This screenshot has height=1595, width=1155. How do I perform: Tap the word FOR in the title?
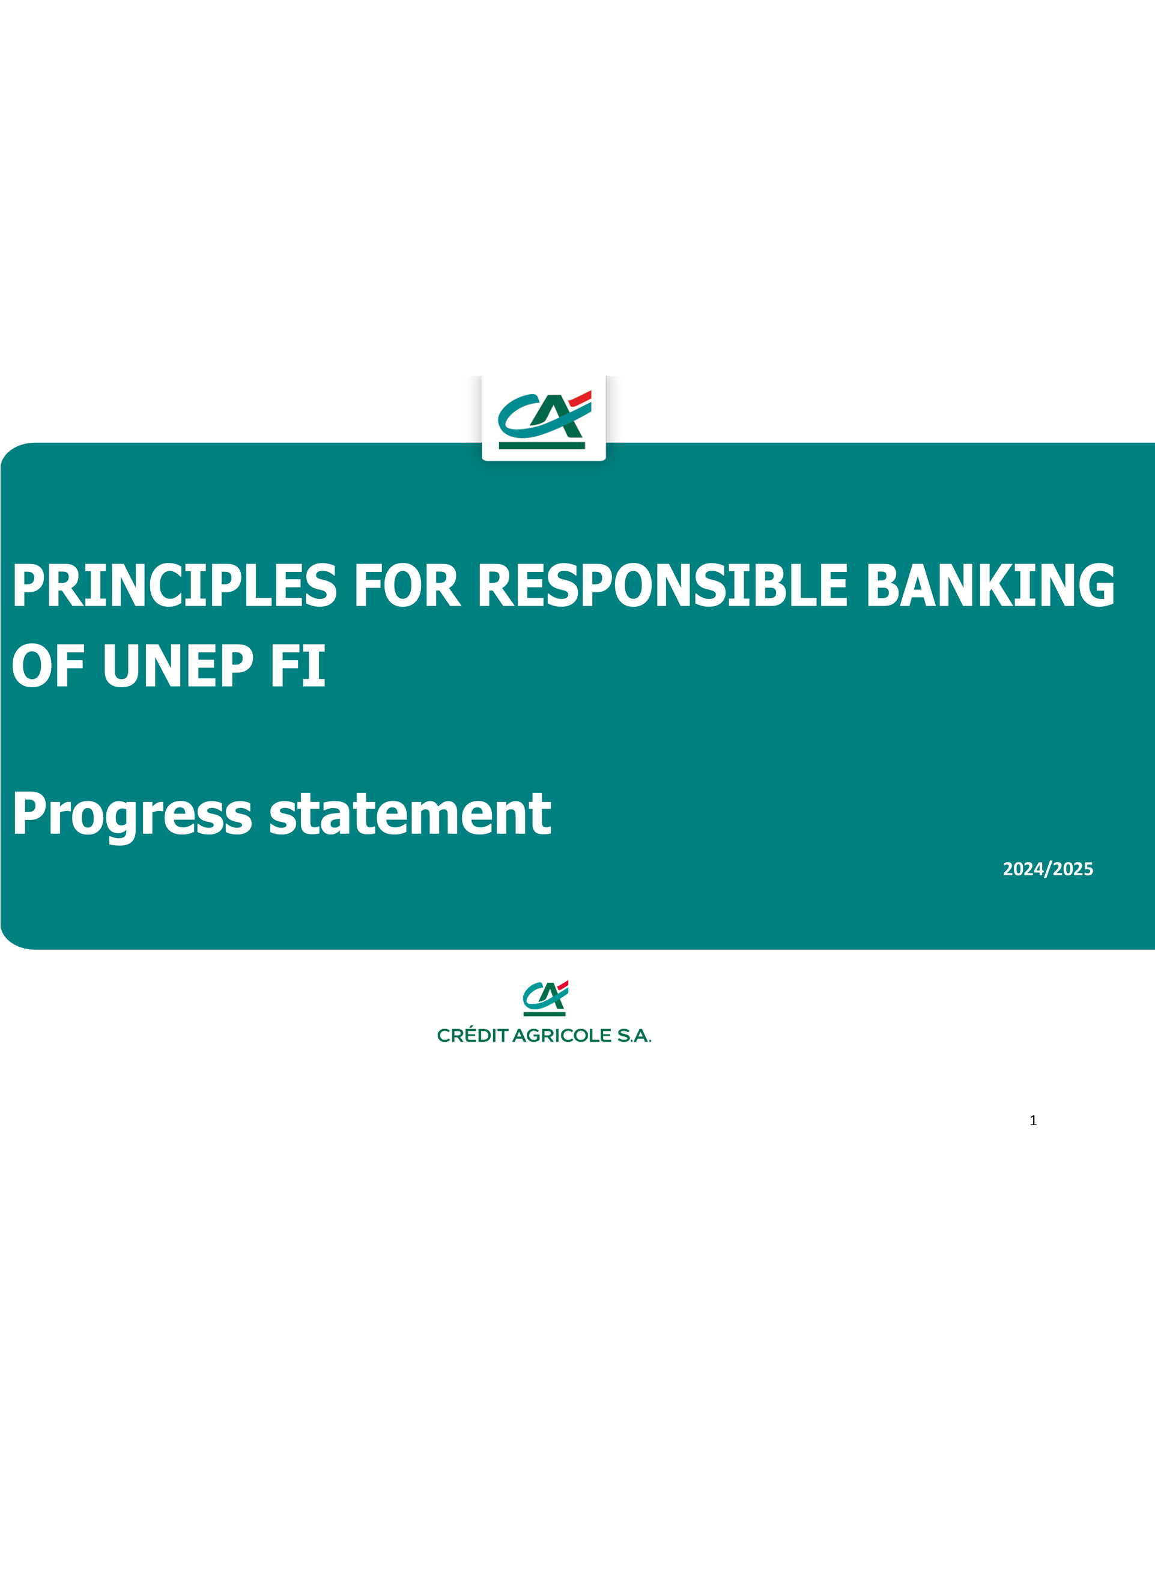click(x=407, y=585)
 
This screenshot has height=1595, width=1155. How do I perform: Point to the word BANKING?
click(x=990, y=585)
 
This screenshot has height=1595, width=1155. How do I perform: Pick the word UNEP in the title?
click(x=178, y=665)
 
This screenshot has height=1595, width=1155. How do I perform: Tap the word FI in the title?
click(x=298, y=665)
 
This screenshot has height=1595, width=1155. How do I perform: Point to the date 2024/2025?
click(x=1047, y=869)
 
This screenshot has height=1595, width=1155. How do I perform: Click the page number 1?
click(x=1032, y=1120)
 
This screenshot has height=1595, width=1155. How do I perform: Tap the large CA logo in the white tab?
click(x=544, y=420)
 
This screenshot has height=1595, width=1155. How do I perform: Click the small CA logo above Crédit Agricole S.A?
click(x=545, y=998)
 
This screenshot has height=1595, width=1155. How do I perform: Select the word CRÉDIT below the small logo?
click(x=473, y=1035)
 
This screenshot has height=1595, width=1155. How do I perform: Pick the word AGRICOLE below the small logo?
click(x=562, y=1036)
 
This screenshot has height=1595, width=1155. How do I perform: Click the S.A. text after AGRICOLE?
click(x=634, y=1036)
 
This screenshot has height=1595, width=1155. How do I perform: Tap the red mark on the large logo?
click(x=580, y=398)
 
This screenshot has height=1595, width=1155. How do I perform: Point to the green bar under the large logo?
click(x=541, y=445)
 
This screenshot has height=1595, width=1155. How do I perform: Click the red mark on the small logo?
click(x=562, y=985)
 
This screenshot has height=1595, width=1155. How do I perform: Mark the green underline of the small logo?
click(x=544, y=1014)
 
